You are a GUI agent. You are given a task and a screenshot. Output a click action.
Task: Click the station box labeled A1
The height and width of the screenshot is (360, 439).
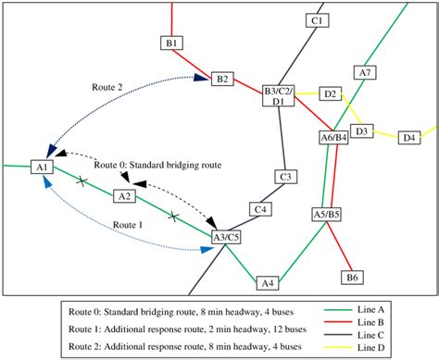pos(42,167)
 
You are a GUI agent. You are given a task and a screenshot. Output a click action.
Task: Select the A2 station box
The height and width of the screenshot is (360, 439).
pos(124,196)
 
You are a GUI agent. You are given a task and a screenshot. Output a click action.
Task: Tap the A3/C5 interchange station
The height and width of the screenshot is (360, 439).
pos(226,238)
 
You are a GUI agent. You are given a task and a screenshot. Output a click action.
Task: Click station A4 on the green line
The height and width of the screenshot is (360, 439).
pos(268,282)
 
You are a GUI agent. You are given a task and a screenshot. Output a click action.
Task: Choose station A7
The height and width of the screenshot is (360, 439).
pos(365,72)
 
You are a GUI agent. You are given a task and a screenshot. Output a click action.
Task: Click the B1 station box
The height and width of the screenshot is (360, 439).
pos(172,43)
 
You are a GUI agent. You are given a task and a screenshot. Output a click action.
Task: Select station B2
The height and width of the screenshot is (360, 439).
pos(222,79)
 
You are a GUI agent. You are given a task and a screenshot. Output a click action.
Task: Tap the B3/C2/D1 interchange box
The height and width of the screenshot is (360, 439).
pos(278,96)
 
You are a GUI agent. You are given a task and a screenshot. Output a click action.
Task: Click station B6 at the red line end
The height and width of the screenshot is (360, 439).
pos(352,277)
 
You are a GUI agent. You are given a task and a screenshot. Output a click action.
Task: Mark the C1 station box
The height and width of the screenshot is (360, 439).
pos(317,19)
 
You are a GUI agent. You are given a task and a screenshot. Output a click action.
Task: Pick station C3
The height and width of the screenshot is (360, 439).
pos(286,176)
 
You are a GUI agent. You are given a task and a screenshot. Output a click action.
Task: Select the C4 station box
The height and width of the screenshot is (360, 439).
pos(262,210)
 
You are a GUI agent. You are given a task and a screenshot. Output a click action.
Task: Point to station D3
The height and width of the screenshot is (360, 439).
pos(362,131)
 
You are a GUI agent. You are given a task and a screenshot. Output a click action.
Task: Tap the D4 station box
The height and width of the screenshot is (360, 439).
pos(408,138)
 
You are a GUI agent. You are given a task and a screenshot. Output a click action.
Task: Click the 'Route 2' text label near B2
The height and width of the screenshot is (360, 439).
pos(107,86)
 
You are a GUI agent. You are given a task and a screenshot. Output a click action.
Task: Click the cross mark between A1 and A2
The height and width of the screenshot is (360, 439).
pos(82,180)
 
